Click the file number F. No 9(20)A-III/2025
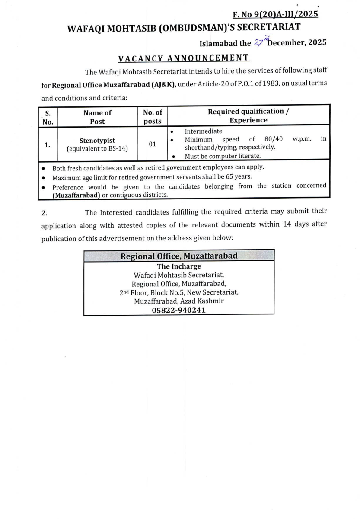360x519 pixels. pos(275,14)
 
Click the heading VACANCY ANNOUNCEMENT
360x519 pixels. pos(184,58)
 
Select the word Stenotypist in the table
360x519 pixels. pos(97,141)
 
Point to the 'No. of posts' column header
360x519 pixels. pos(153,117)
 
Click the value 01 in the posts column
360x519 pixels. pos(153,144)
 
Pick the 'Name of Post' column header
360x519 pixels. pos(97,117)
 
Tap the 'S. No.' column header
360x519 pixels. pos(48,117)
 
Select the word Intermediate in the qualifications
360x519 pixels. pos(203,131)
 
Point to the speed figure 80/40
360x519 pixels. pos(274,139)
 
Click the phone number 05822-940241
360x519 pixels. pos(179,310)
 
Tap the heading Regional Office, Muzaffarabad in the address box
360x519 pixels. pos(179,256)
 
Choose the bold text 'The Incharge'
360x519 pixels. pos(179,266)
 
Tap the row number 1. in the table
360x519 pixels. pos(48,144)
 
